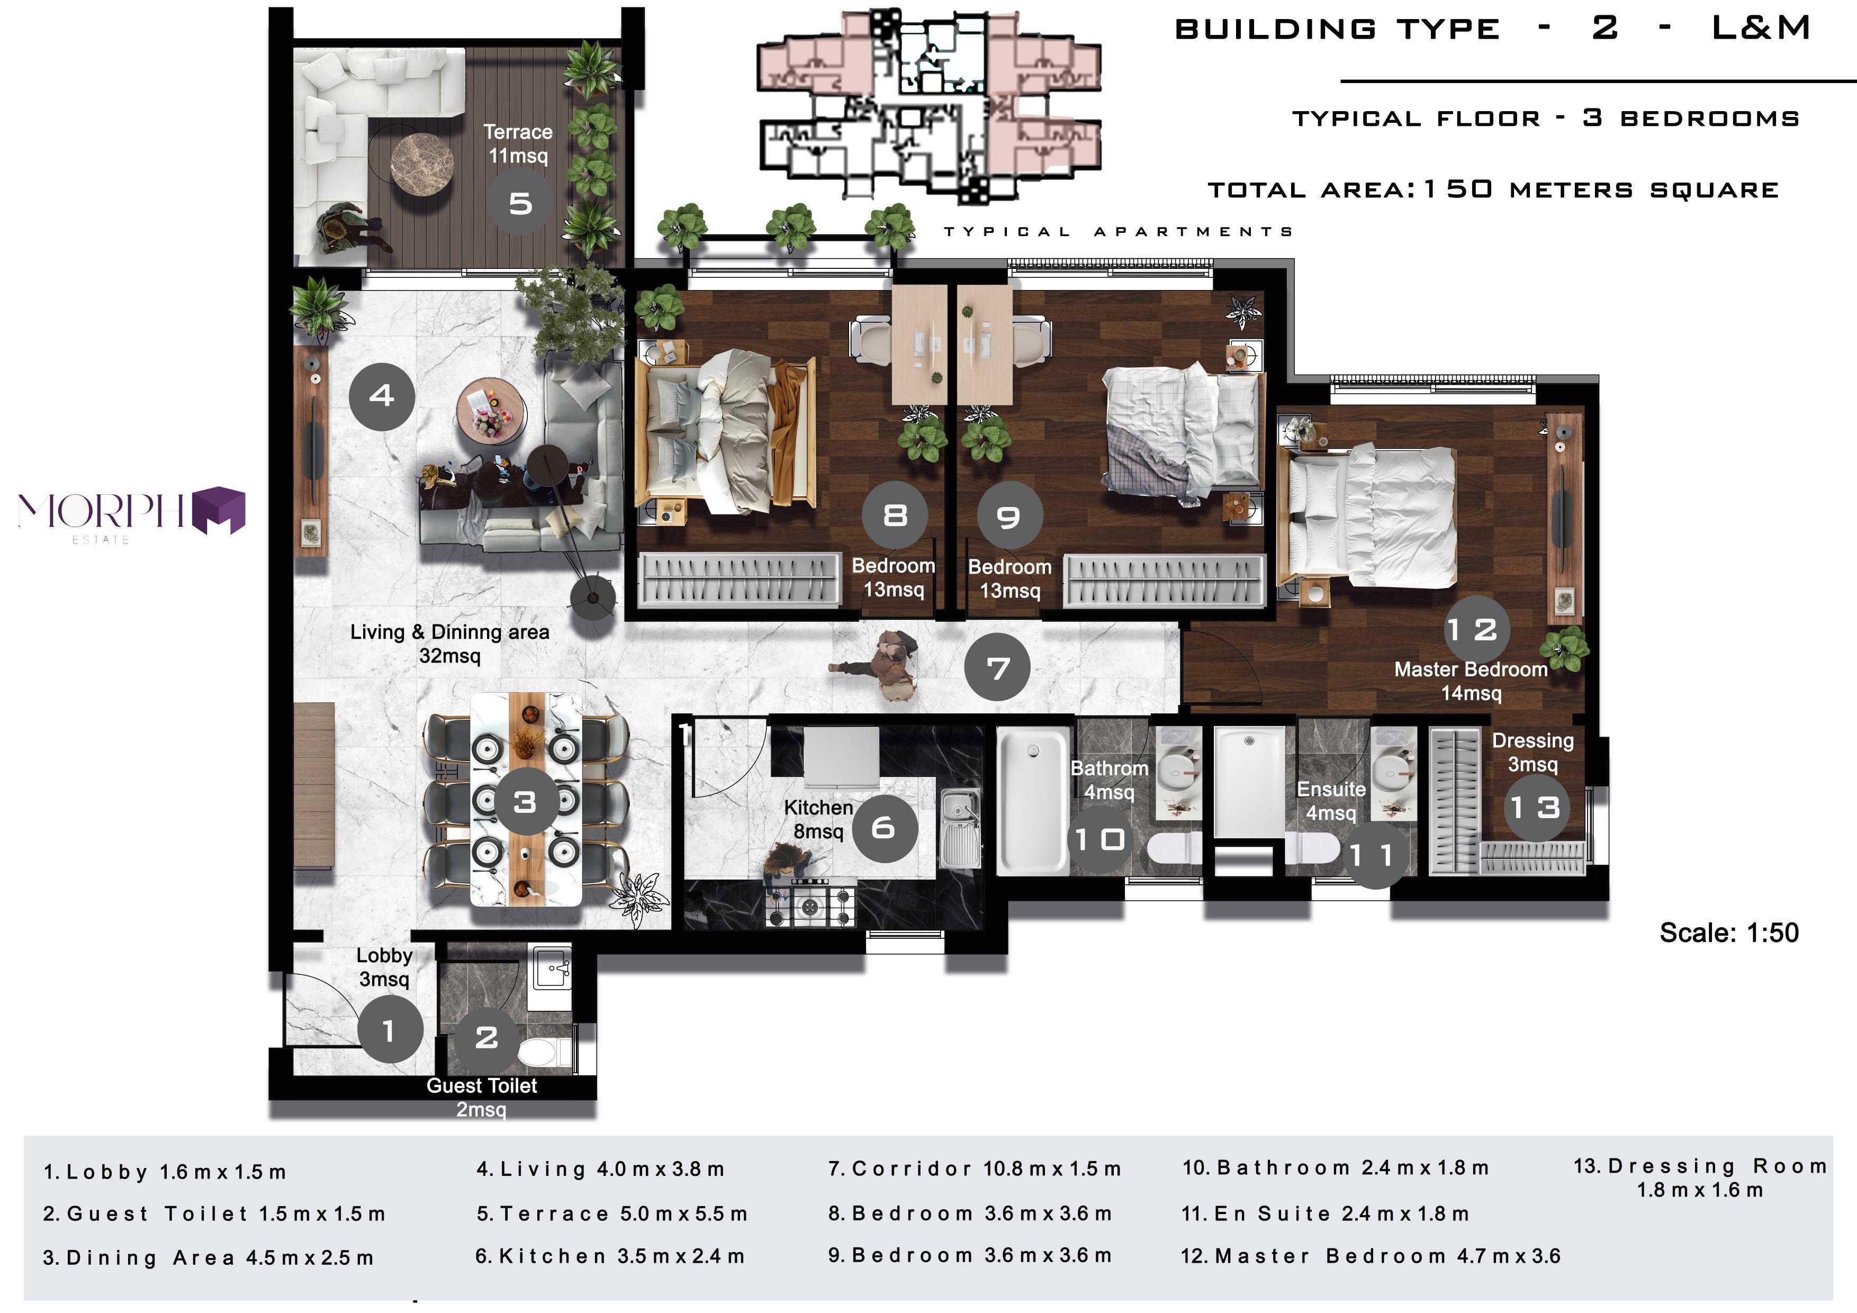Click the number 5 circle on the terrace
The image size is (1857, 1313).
click(520, 202)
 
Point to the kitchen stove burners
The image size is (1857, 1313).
click(810, 905)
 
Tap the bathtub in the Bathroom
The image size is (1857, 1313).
click(1033, 800)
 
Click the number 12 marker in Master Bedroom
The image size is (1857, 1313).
click(1477, 629)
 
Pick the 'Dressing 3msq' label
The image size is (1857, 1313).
click(1533, 752)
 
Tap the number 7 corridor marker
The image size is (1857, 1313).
click(997, 668)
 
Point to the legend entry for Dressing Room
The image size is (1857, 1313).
click(1700, 1177)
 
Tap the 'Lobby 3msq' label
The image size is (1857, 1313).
click(384, 967)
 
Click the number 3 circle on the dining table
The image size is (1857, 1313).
click(525, 801)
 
